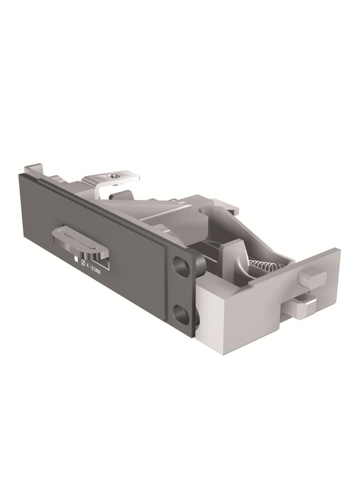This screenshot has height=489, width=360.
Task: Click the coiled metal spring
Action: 265,265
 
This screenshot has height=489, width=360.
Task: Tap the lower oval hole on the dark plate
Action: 181,314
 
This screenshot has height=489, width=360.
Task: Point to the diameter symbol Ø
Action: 83,262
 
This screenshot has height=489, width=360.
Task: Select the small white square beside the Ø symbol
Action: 76,258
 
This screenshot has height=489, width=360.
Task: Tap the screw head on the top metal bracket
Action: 113,175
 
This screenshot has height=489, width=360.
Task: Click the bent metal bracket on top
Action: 110,179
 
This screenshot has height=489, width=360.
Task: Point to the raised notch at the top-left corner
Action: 33,169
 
